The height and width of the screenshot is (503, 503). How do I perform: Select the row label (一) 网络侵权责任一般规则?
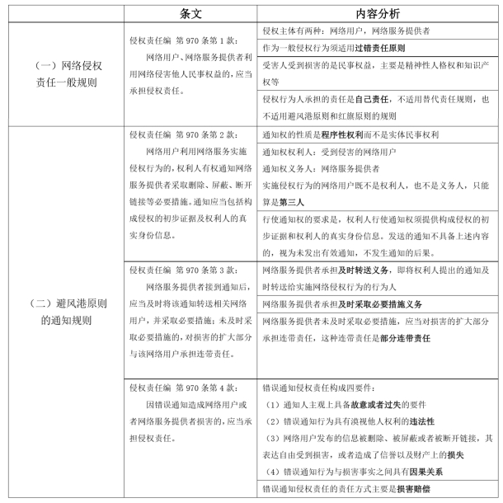[63, 73]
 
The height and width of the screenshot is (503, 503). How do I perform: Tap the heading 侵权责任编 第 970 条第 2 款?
[183, 134]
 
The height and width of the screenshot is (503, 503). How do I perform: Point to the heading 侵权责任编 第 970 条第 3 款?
[183, 270]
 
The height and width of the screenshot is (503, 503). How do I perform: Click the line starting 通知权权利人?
[327, 152]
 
